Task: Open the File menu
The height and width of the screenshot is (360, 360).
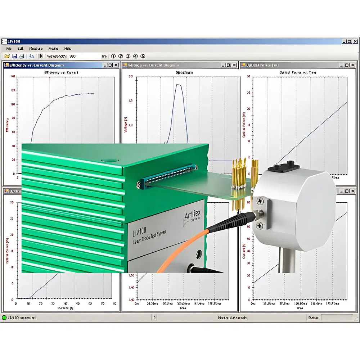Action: coord(9,49)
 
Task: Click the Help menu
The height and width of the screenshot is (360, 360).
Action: coord(68,49)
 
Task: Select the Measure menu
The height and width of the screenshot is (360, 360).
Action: coord(36,49)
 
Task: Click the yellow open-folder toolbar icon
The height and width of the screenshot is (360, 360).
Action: coord(7,56)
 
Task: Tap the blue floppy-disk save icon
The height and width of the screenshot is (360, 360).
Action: coord(14,56)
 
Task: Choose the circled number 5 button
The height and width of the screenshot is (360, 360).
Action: coord(143,56)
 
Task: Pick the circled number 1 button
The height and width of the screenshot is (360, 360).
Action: coord(113,56)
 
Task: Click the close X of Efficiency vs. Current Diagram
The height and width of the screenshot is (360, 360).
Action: coord(116,65)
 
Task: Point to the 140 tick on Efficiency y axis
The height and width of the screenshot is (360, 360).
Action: coord(13,77)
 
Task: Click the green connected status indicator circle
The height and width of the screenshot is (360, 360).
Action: coord(4,318)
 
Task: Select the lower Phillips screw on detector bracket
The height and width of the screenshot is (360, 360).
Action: coord(260,225)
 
